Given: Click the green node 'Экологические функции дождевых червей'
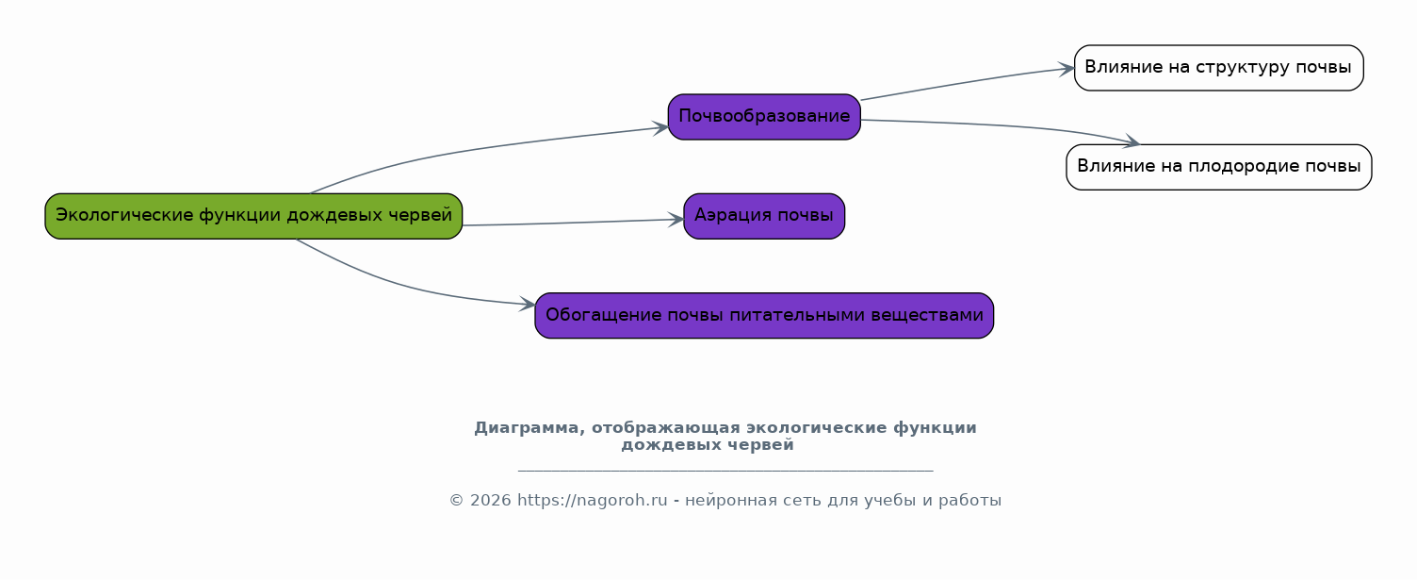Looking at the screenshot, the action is (x=253, y=216).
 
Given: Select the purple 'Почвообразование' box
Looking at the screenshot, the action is (x=764, y=117).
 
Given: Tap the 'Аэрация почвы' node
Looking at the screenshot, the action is (x=764, y=216).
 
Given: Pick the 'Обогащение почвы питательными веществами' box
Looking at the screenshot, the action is (x=764, y=315).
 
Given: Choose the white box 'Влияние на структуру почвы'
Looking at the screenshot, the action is (x=1218, y=68).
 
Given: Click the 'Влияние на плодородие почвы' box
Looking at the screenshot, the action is (x=1219, y=167).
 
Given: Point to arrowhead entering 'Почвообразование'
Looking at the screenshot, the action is (x=660, y=128).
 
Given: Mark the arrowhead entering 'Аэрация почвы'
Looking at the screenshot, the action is (x=676, y=220).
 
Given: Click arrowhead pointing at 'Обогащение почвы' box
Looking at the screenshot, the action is (x=527, y=304).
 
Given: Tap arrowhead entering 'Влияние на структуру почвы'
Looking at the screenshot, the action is (x=1067, y=69).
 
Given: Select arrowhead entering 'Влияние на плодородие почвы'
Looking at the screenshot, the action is (x=1132, y=141).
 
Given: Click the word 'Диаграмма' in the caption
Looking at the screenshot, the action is (x=529, y=429).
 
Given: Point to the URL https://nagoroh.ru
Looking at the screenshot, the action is (x=592, y=501).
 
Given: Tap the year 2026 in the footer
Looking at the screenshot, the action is (x=491, y=501).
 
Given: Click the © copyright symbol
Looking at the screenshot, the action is (x=457, y=501).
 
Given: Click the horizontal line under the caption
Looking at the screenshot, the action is (x=725, y=471).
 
